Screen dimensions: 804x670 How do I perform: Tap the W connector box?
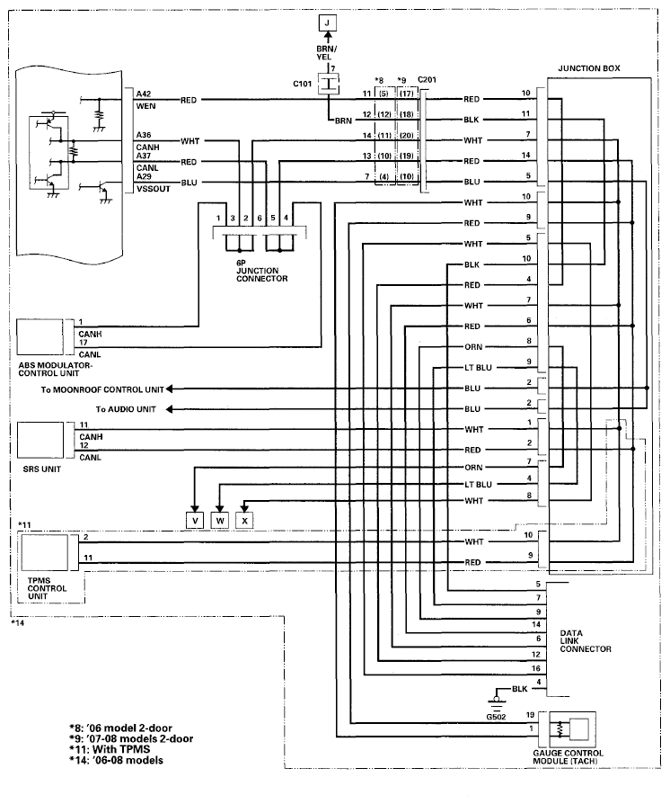[220, 519]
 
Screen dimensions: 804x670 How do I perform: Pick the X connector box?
[245, 519]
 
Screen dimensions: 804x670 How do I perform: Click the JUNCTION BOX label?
[588, 69]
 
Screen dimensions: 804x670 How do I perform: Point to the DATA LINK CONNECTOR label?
[585, 640]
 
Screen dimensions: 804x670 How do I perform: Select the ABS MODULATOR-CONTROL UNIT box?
[43, 337]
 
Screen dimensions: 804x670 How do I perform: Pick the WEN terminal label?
[145, 105]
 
